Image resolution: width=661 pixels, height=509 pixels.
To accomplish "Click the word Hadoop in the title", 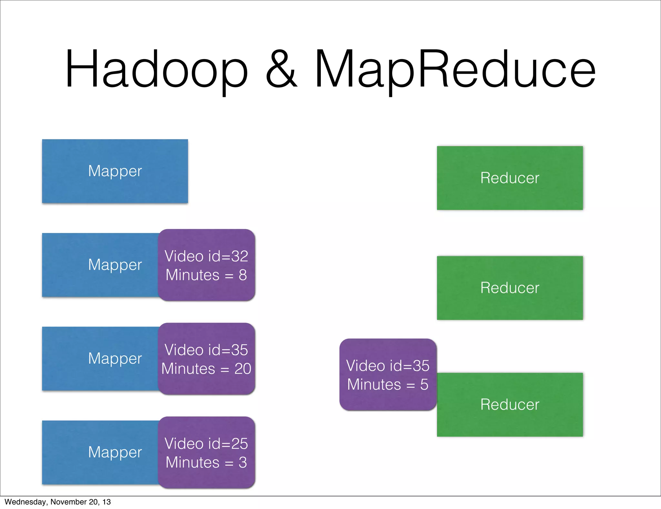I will tap(157, 69).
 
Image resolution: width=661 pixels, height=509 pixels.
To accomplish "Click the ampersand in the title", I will tap(281, 69).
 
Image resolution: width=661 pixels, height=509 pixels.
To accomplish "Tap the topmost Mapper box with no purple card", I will tap(115, 171).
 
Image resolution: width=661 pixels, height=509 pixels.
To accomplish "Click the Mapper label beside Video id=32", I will tap(115, 265).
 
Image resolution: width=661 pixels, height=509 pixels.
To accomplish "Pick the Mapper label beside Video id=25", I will tap(115, 452).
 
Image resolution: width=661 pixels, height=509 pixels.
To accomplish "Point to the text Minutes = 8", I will tap(206, 275).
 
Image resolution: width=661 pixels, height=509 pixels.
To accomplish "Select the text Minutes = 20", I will tap(206, 369).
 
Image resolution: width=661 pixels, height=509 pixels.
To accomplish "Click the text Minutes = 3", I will tap(206, 462).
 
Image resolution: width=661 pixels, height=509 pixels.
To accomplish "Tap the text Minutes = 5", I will tap(388, 385).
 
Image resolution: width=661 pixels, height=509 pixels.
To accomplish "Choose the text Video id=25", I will tap(206, 444).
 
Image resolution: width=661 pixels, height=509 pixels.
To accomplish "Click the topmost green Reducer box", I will tap(510, 178).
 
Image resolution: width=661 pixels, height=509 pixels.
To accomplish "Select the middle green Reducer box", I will tap(510, 288).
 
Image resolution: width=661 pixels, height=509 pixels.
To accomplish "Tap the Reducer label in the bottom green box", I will tap(510, 405).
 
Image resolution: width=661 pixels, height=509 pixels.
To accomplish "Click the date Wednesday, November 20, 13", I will tap(57, 502).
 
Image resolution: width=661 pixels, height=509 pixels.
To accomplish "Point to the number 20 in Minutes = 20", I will tap(243, 369).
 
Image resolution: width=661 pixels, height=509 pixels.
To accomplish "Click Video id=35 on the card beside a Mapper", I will tap(206, 350).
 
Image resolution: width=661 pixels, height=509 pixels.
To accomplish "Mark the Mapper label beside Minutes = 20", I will tap(115, 358).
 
